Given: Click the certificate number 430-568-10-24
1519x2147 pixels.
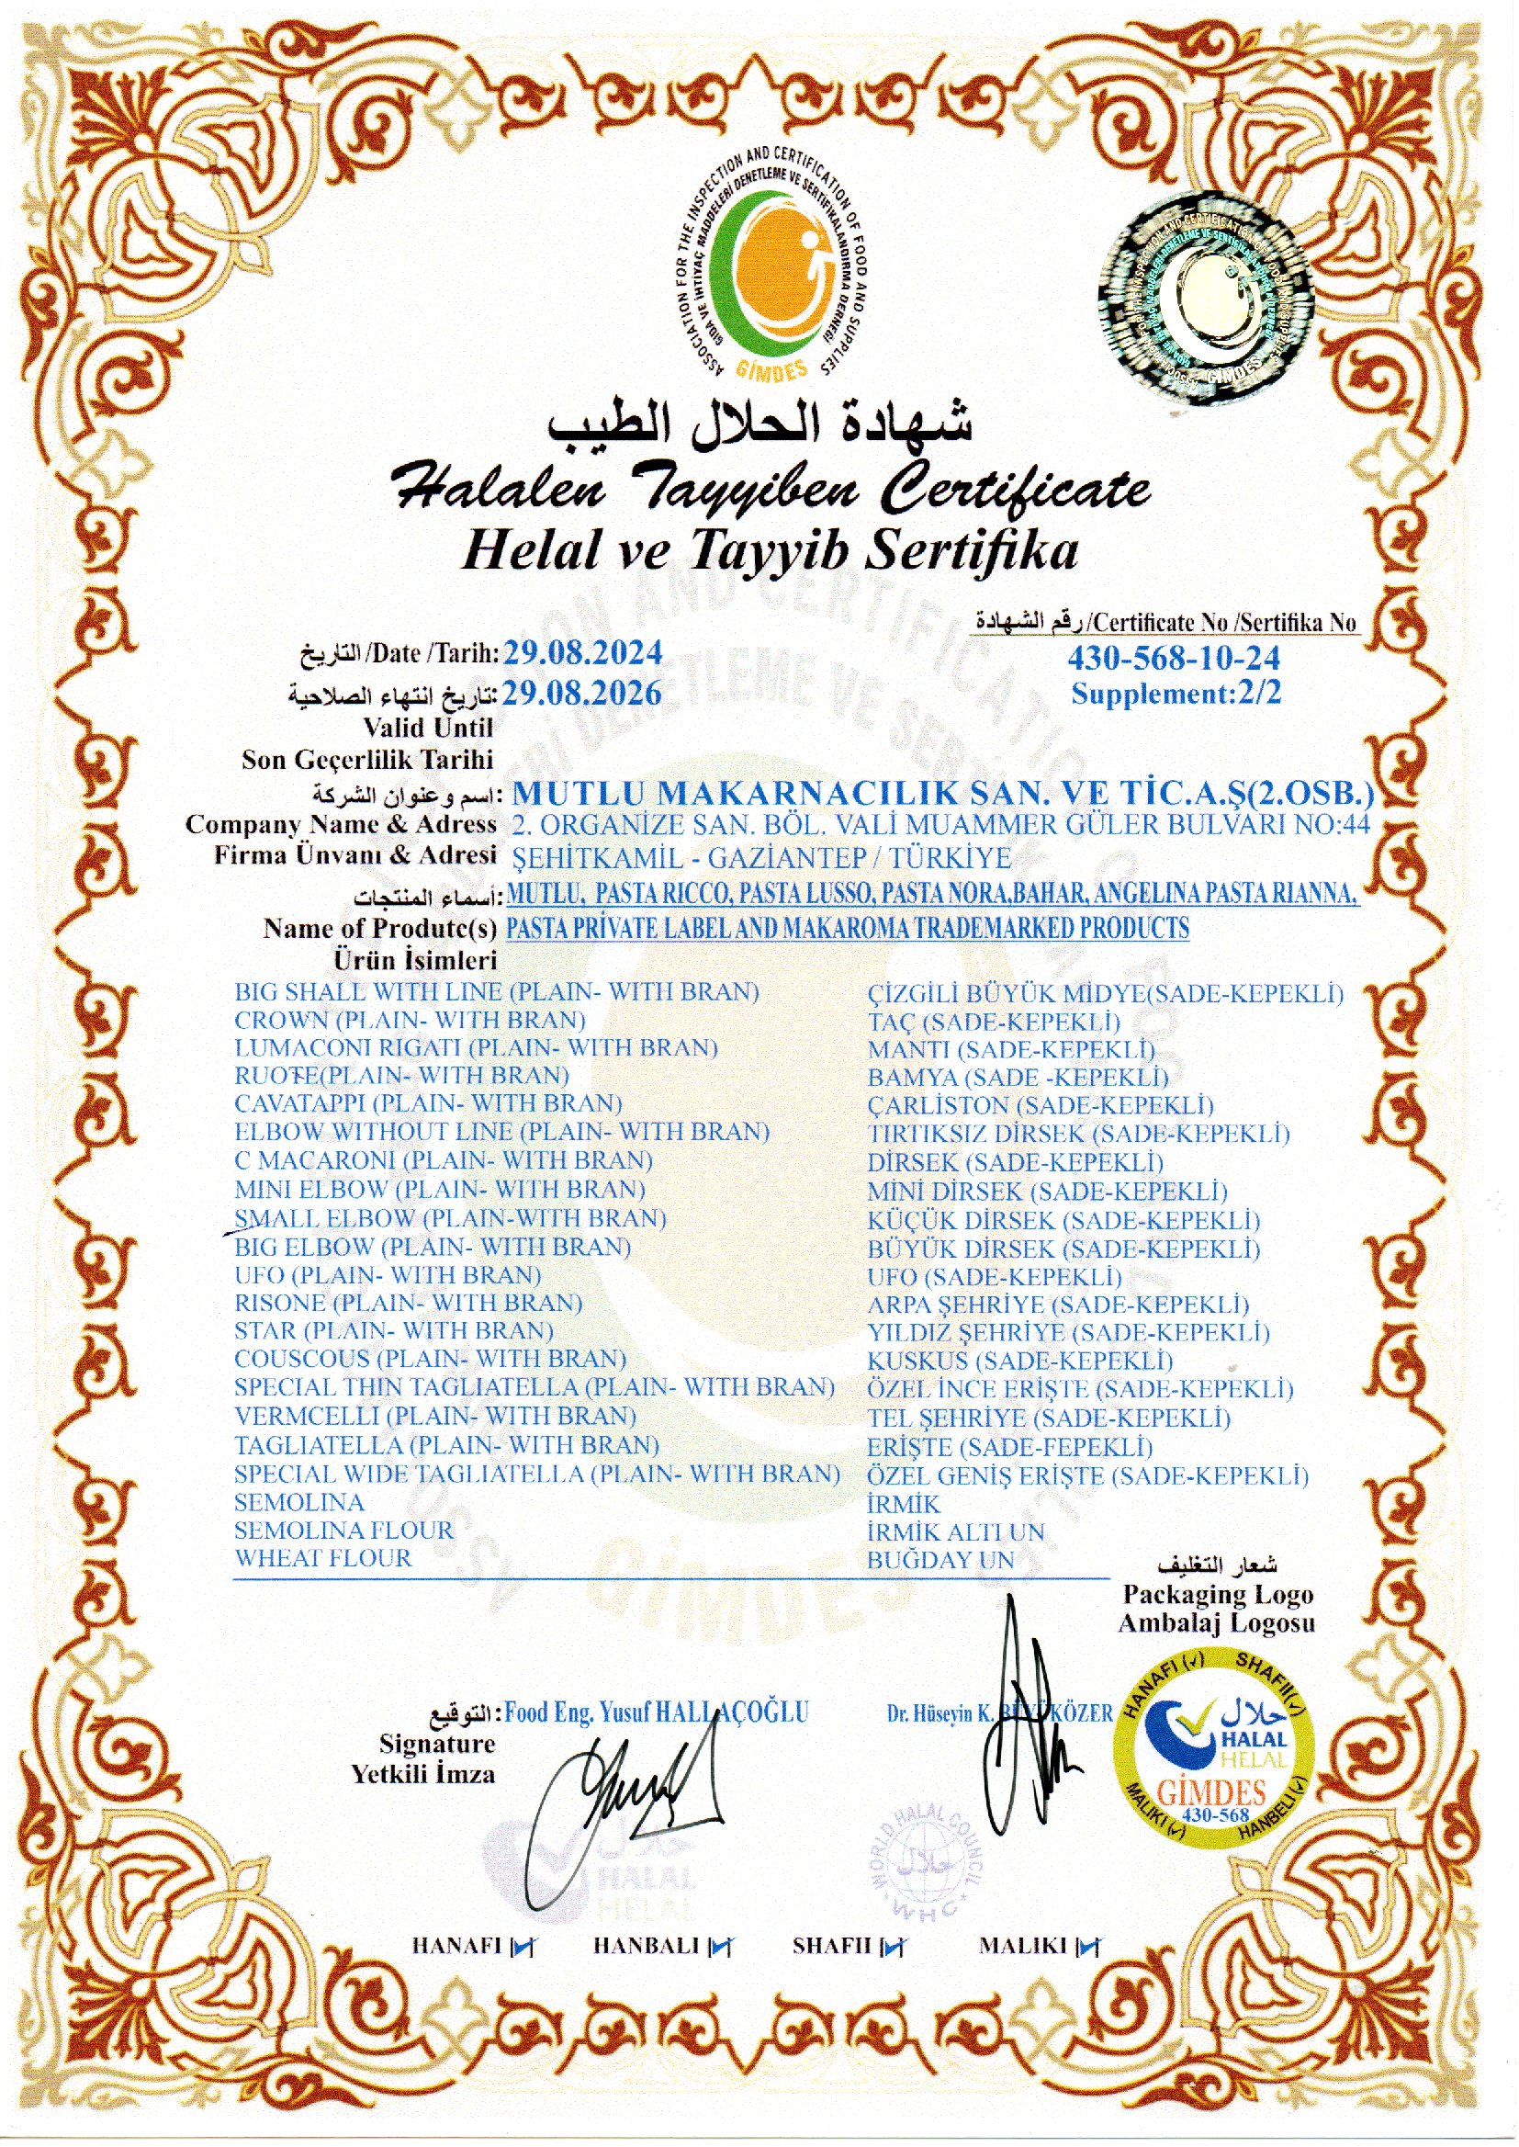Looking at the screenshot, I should tap(1173, 659).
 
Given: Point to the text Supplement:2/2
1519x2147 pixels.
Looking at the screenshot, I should tap(1175, 695).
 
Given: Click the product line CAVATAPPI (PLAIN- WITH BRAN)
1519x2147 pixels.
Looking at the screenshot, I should tap(428, 1104).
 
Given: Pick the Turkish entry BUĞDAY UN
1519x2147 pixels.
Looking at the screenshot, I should tap(940, 1561).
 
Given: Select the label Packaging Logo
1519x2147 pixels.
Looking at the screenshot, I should tap(1218, 1595).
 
